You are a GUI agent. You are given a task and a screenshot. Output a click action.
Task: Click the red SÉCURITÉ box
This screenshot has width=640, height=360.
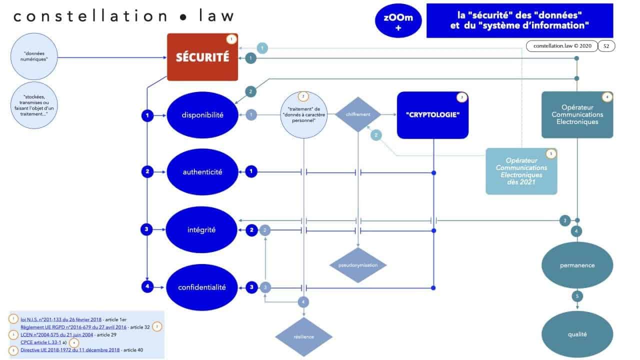(202, 57)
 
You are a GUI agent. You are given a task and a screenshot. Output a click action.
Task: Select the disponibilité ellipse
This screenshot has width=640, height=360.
(202, 115)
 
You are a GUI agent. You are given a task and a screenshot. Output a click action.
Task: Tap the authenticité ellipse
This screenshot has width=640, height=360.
(202, 172)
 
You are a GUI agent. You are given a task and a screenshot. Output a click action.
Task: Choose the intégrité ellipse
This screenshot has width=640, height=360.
(202, 230)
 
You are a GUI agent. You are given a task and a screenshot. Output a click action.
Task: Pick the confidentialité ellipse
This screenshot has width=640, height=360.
(202, 287)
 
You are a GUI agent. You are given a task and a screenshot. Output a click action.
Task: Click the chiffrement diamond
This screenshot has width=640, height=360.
(358, 114)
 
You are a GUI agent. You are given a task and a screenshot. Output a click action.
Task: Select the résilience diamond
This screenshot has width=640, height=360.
(303, 336)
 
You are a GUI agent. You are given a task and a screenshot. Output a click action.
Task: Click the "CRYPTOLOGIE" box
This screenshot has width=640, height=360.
(432, 115)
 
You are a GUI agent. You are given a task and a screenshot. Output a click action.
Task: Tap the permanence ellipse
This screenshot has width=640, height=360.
(577, 265)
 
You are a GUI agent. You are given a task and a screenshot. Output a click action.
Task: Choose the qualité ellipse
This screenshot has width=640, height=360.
(577, 334)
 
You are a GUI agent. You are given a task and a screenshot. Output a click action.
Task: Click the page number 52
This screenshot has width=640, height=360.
(606, 46)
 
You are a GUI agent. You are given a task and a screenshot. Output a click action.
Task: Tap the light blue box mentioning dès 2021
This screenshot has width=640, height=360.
(521, 171)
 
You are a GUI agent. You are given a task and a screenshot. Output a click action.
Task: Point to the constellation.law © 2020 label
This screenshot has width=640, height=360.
(562, 46)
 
